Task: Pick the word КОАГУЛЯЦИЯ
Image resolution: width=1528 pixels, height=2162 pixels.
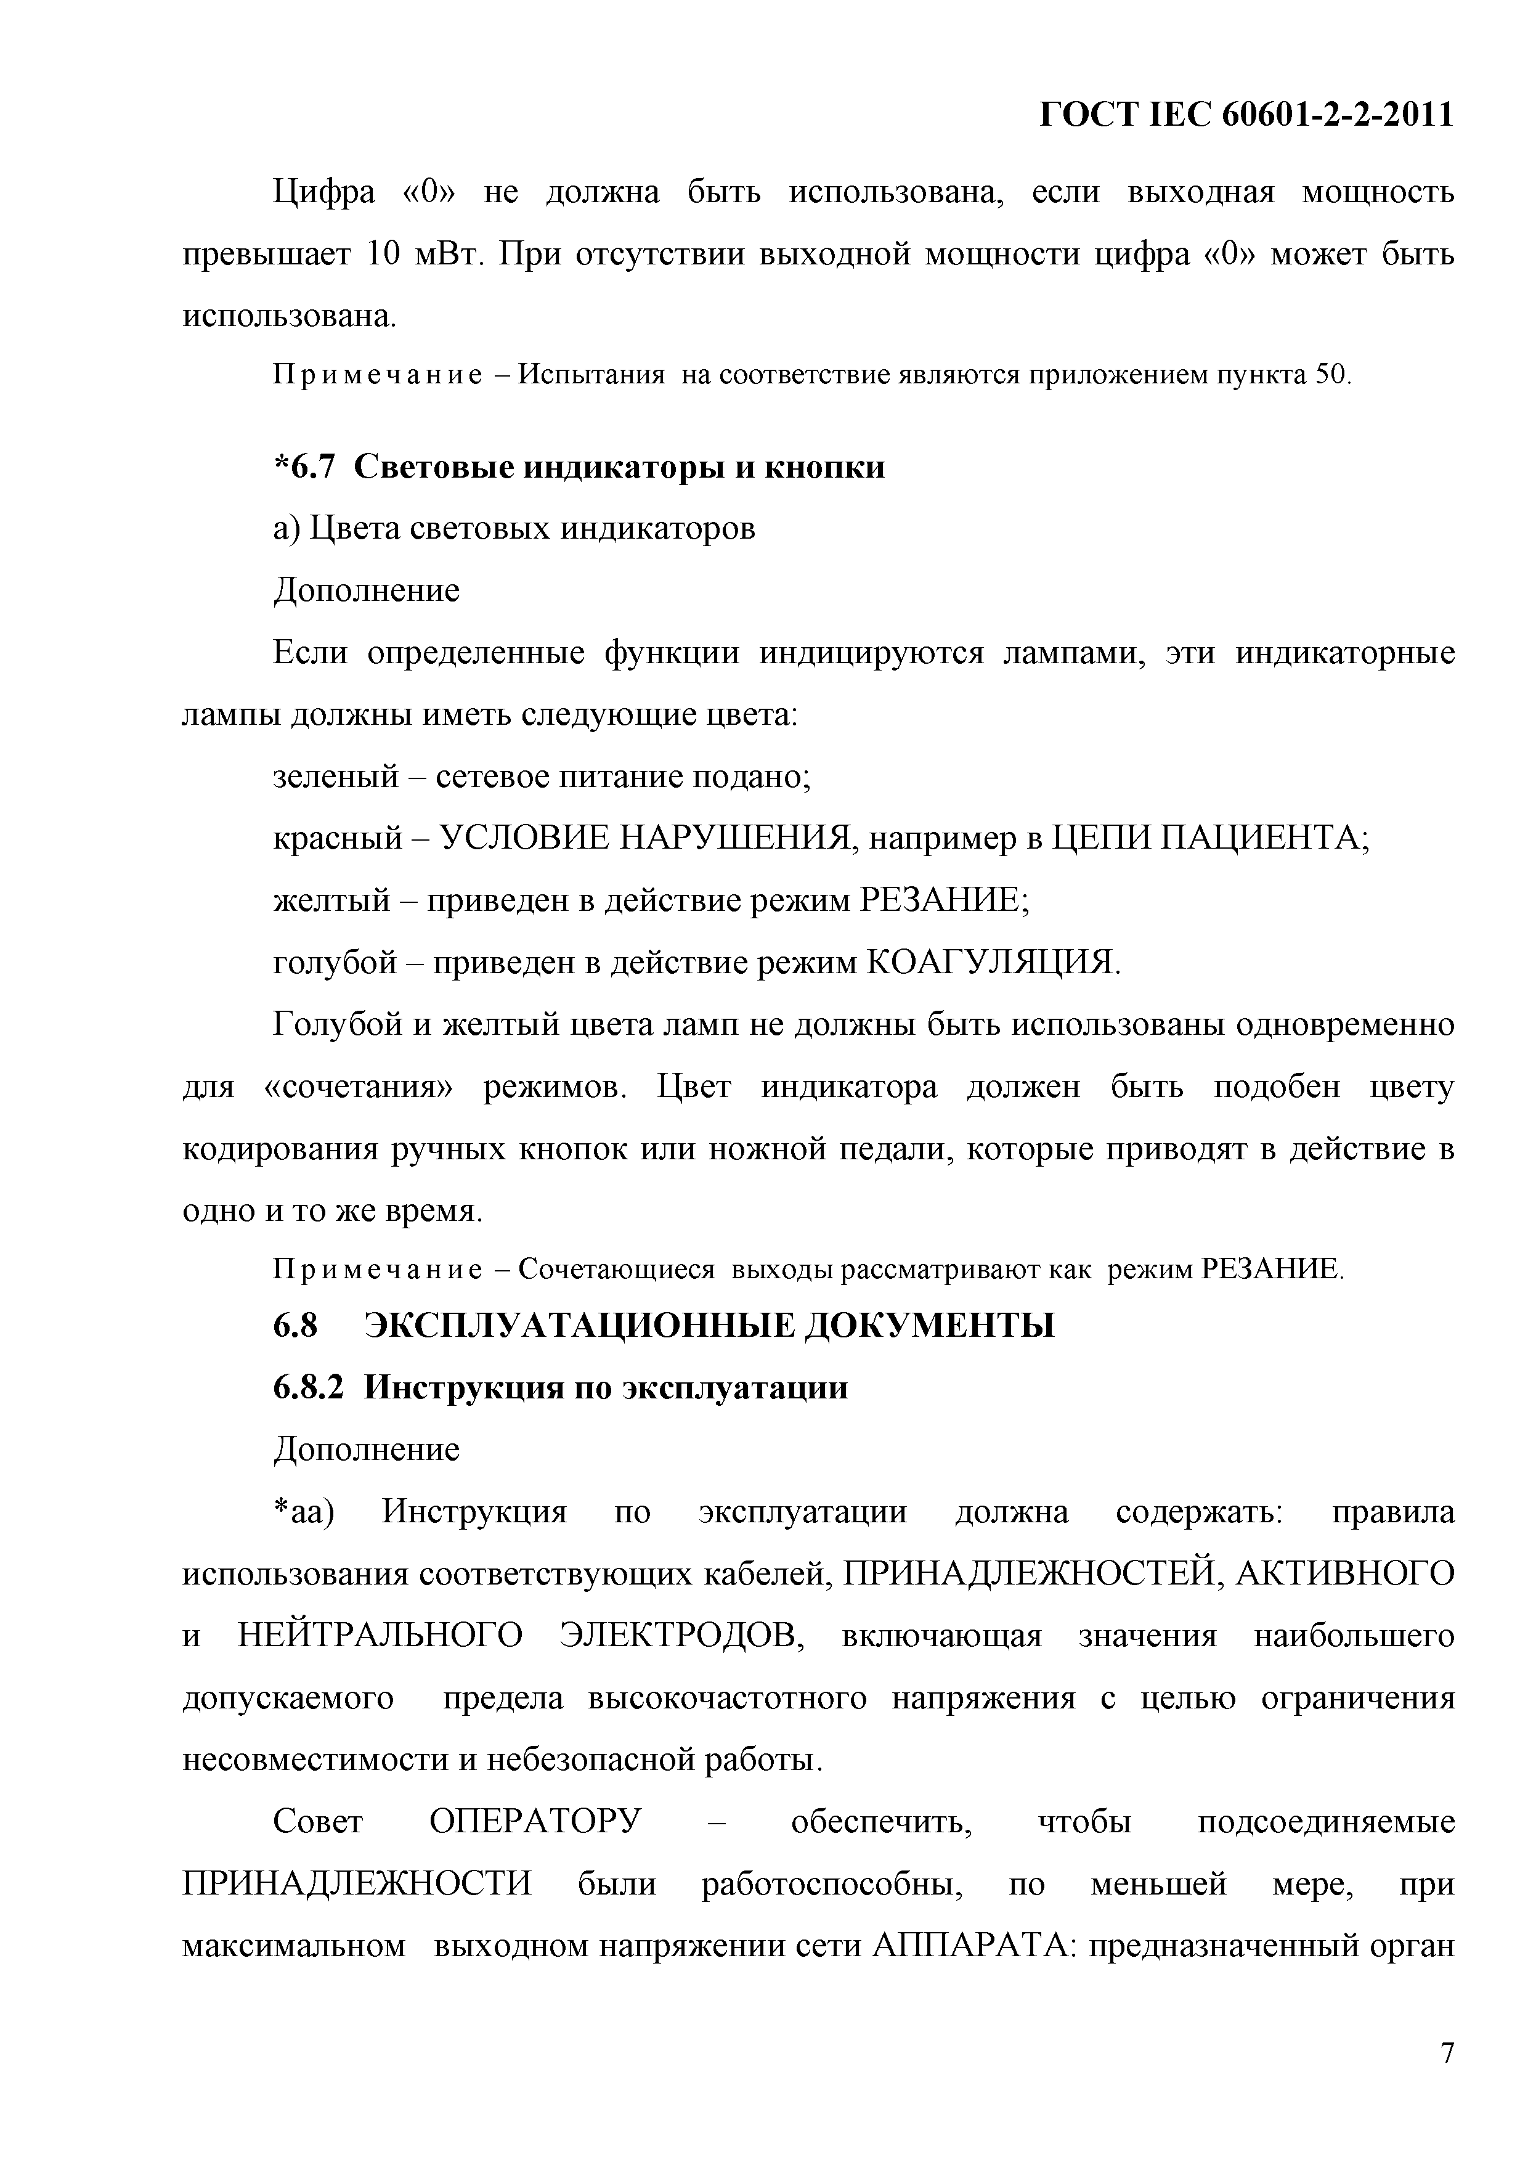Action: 991,962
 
